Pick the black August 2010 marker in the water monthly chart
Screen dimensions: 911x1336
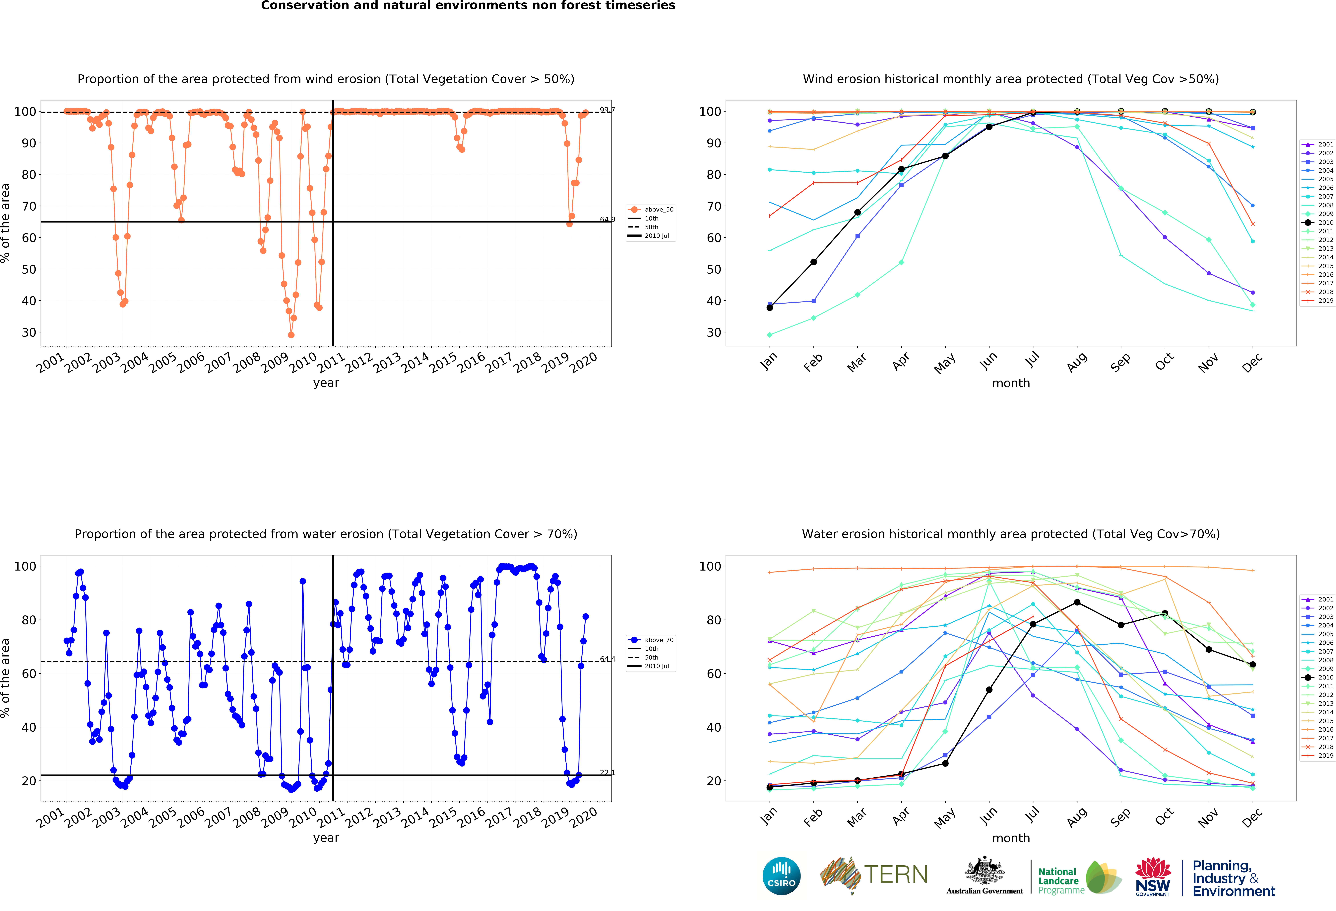[1077, 602]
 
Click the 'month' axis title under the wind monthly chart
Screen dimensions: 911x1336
[1011, 383]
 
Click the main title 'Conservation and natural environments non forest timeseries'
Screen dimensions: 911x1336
[468, 6]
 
